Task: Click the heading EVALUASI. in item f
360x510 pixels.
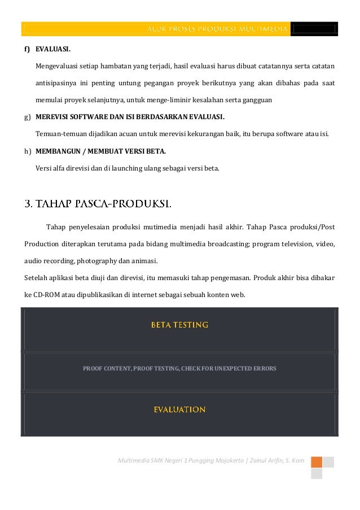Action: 53,49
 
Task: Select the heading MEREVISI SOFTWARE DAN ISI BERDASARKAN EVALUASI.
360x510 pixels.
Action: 130,117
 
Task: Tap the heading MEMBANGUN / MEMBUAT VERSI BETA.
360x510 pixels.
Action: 100,151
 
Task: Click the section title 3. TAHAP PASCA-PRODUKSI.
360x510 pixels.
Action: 98,203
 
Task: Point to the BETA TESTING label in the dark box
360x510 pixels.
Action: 179,325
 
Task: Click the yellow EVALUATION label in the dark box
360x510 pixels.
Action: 179,409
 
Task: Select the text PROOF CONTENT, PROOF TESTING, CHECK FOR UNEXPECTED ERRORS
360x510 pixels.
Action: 179,368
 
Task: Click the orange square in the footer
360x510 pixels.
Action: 316,462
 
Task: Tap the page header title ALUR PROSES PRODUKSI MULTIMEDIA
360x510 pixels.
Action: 218,29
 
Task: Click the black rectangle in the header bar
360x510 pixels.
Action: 314,29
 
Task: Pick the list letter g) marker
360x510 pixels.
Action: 27,117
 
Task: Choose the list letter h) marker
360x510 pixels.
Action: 27,151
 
